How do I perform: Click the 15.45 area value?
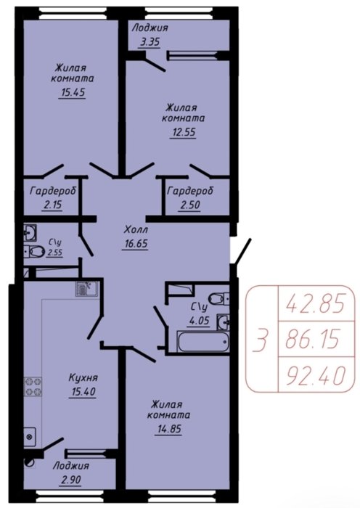(x=73, y=93)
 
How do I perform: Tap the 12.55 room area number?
(x=184, y=133)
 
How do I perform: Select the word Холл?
(x=136, y=230)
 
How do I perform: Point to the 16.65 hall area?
(x=136, y=243)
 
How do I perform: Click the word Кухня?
(x=83, y=377)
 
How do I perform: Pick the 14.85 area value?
(x=169, y=430)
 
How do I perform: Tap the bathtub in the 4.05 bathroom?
(x=203, y=341)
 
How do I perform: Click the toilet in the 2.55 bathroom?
(x=35, y=251)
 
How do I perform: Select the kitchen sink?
(x=87, y=289)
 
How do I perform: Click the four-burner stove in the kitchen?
(x=33, y=386)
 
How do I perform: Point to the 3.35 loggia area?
(x=149, y=42)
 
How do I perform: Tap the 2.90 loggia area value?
(x=71, y=480)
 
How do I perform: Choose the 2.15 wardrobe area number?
(x=52, y=205)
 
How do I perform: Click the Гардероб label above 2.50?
(x=191, y=191)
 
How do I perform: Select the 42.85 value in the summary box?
(x=314, y=305)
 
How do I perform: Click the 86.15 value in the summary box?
(x=313, y=339)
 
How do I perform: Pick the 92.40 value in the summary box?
(x=315, y=375)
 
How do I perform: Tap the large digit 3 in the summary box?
(x=261, y=340)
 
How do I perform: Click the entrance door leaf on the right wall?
(x=242, y=252)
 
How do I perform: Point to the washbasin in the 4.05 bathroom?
(x=224, y=322)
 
